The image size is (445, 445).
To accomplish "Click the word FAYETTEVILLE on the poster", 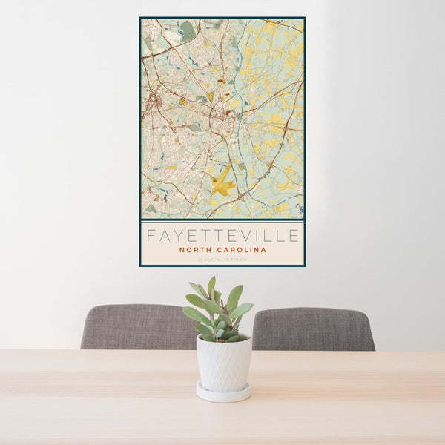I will coord(222,236).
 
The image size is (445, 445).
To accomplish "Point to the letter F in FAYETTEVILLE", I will coord(151,236).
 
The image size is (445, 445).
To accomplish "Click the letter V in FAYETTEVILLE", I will coord(242,236).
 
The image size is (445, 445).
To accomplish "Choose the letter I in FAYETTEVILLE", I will coord(254,236).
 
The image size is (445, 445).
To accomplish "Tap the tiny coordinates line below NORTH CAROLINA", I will coord(222,259).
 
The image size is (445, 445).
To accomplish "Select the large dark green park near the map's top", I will coord(188,30).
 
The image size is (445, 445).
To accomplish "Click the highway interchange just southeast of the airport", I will coord(239,196).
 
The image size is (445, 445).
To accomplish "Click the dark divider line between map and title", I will coord(222,220).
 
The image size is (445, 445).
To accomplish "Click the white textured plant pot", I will coord(223,363).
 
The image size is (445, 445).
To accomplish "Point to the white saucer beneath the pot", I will coord(223,393).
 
